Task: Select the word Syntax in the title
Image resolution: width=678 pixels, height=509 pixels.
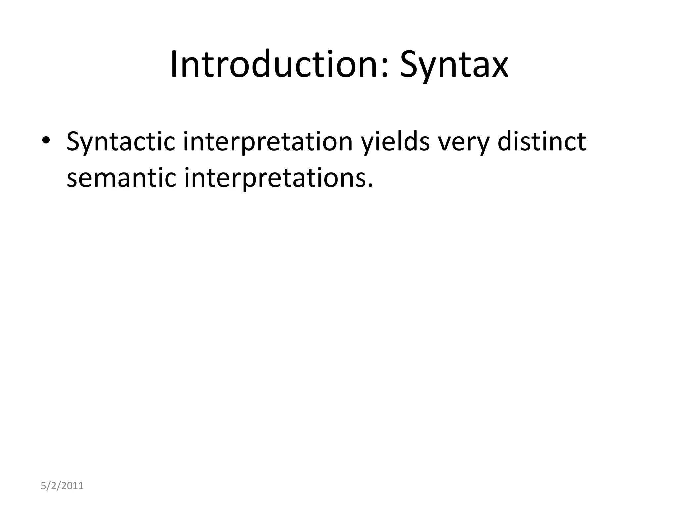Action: pos(454,66)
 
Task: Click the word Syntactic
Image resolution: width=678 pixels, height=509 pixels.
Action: pos(121,142)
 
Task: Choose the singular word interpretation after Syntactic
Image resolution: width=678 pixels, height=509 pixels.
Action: pos(268,142)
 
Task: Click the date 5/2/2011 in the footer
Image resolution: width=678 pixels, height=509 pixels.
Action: pos(62,486)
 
